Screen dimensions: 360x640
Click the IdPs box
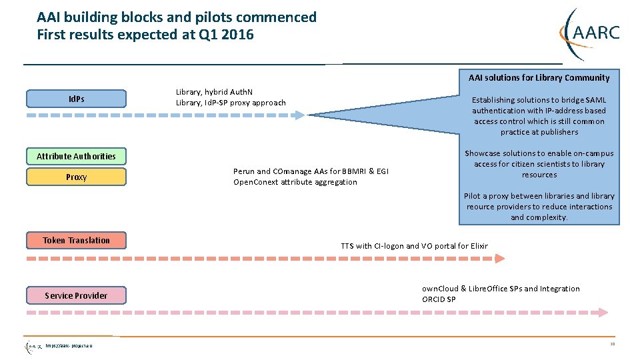[76, 99]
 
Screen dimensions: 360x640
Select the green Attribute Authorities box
[76, 156]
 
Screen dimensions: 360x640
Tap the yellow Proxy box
[76, 177]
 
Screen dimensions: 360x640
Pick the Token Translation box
[76, 240]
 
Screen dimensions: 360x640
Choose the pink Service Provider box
[76, 295]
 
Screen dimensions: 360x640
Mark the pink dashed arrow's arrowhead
[602, 312]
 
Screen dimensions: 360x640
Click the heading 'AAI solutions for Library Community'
[539, 78]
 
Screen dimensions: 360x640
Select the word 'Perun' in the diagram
[243, 171]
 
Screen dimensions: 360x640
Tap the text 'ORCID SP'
[439, 299]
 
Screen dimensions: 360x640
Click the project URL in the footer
[69, 345]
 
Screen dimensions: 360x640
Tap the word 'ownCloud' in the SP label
[440, 289]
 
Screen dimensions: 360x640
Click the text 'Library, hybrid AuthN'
[214, 92]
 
